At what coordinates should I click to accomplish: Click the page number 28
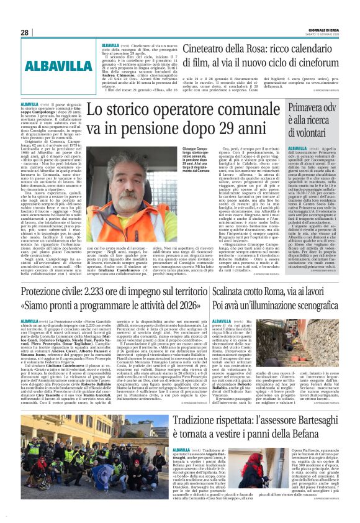pos(25,32)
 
